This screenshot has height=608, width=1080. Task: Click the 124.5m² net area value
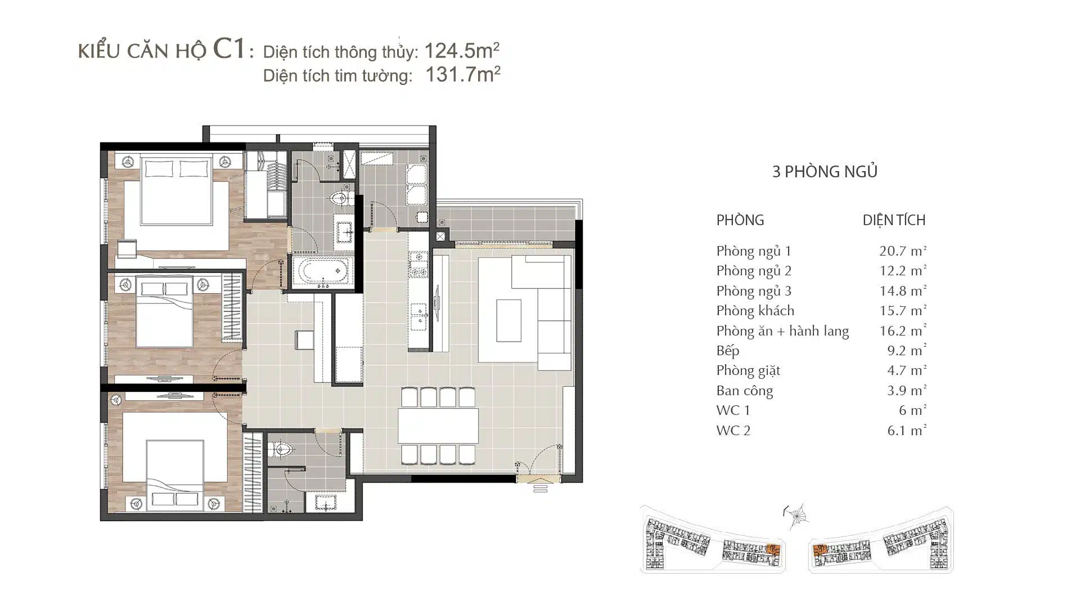pyautogui.click(x=462, y=51)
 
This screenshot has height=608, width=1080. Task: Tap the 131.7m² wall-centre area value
pyautogui.click(x=463, y=74)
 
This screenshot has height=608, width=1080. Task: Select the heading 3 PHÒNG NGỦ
pyautogui.click(x=825, y=171)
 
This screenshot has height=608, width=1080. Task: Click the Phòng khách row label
pyautogui.click(x=755, y=311)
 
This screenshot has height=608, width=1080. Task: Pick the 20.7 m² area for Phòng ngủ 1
pyautogui.click(x=903, y=251)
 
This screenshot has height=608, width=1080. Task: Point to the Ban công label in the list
pyautogui.click(x=745, y=391)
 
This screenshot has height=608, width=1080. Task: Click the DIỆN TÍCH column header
pyautogui.click(x=894, y=220)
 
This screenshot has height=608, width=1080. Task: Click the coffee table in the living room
pyautogui.click(x=508, y=320)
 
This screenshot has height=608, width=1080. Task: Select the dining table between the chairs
pyautogui.click(x=438, y=426)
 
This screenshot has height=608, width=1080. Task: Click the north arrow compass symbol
pyautogui.click(x=795, y=516)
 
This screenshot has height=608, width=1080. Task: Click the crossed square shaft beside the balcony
pyautogui.click(x=441, y=237)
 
